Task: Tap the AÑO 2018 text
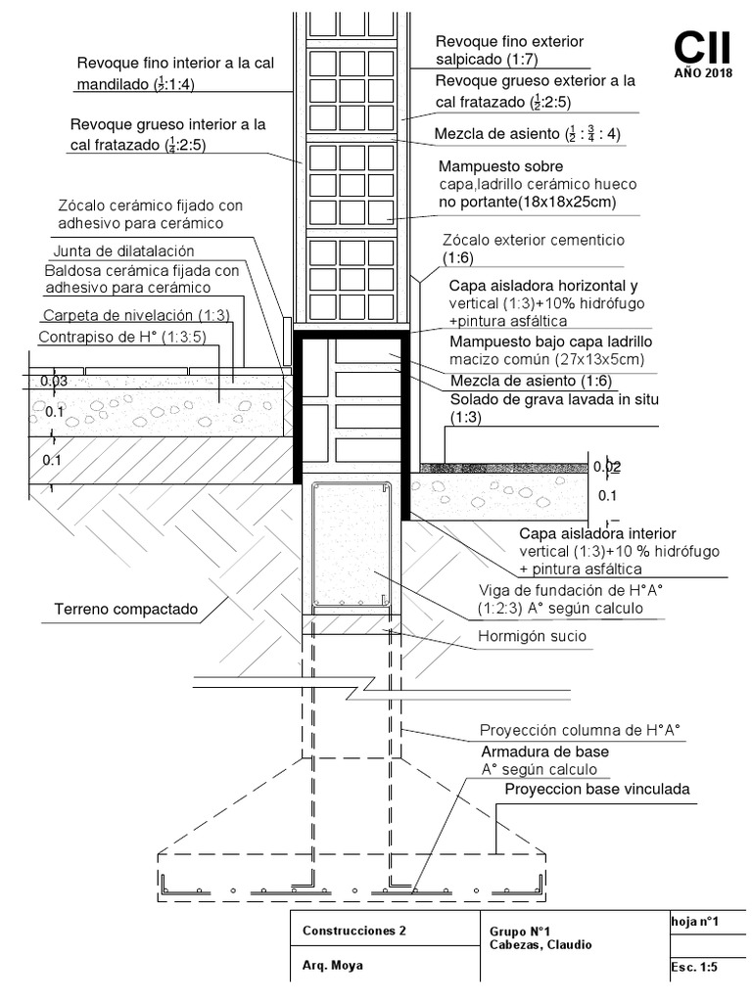coord(702,73)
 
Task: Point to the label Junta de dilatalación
coord(123,250)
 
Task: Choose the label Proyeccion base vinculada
coord(597,789)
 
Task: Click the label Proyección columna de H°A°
coord(579,731)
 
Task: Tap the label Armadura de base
coord(544,751)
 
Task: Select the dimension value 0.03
coord(55,382)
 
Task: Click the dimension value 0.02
coord(607,467)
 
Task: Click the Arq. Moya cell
coord(333,965)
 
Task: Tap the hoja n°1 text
coord(695,922)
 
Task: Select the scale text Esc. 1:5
coord(695,967)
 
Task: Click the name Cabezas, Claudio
coord(540,945)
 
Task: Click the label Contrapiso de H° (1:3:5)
coord(119,337)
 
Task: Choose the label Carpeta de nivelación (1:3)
coord(135,315)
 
